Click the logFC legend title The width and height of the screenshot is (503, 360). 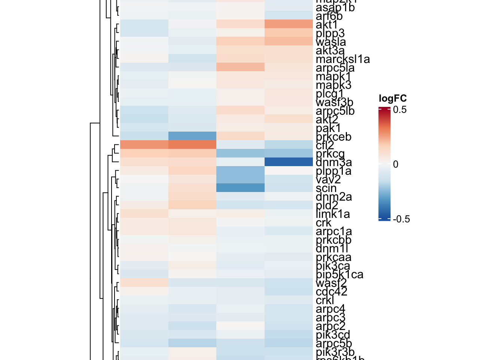pyautogui.click(x=393, y=99)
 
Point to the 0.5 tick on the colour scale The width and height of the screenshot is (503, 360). pyautogui.click(x=400, y=109)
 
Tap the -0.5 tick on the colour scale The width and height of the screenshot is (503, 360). pyautogui.click(x=401, y=219)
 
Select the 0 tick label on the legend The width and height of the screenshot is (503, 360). pyautogui.click(x=396, y=164)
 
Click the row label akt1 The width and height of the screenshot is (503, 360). pyautogui.click(x=327, y=25)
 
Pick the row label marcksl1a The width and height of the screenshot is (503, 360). pyautogui.click(x=343, y=59)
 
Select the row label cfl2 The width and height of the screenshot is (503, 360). pyautogui.click(x=325, y=145)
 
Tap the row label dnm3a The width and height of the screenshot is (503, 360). pyautogui.click(x=333, y=162)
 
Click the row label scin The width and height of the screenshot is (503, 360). pyautogui.click(x=326, y=188)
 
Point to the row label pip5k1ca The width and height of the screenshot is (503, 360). pyautogui.click(x=339, y=274)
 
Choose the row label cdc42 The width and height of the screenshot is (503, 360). pyautogui.click(x=331, y=292)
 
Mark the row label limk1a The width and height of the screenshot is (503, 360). pyautogui.click(x=333, y=214)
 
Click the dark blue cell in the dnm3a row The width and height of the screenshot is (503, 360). pyautogui.click(x=289, y=162)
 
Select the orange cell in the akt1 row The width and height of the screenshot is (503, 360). pyautogui.click(x=289, y=24)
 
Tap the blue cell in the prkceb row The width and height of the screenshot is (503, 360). pyautogui.click(x=192, y=136)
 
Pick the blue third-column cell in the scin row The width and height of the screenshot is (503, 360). pyautogui.click(x=240, y=188)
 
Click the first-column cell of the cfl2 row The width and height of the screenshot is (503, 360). pyautogui.click(x=144, y=145)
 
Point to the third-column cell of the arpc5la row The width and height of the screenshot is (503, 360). pyautogui.click(x=240, y=67)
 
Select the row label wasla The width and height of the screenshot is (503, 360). pyautogui.click(x=331, y=42)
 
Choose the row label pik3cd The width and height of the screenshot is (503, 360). pyautogui.click(x=333, y=335)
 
